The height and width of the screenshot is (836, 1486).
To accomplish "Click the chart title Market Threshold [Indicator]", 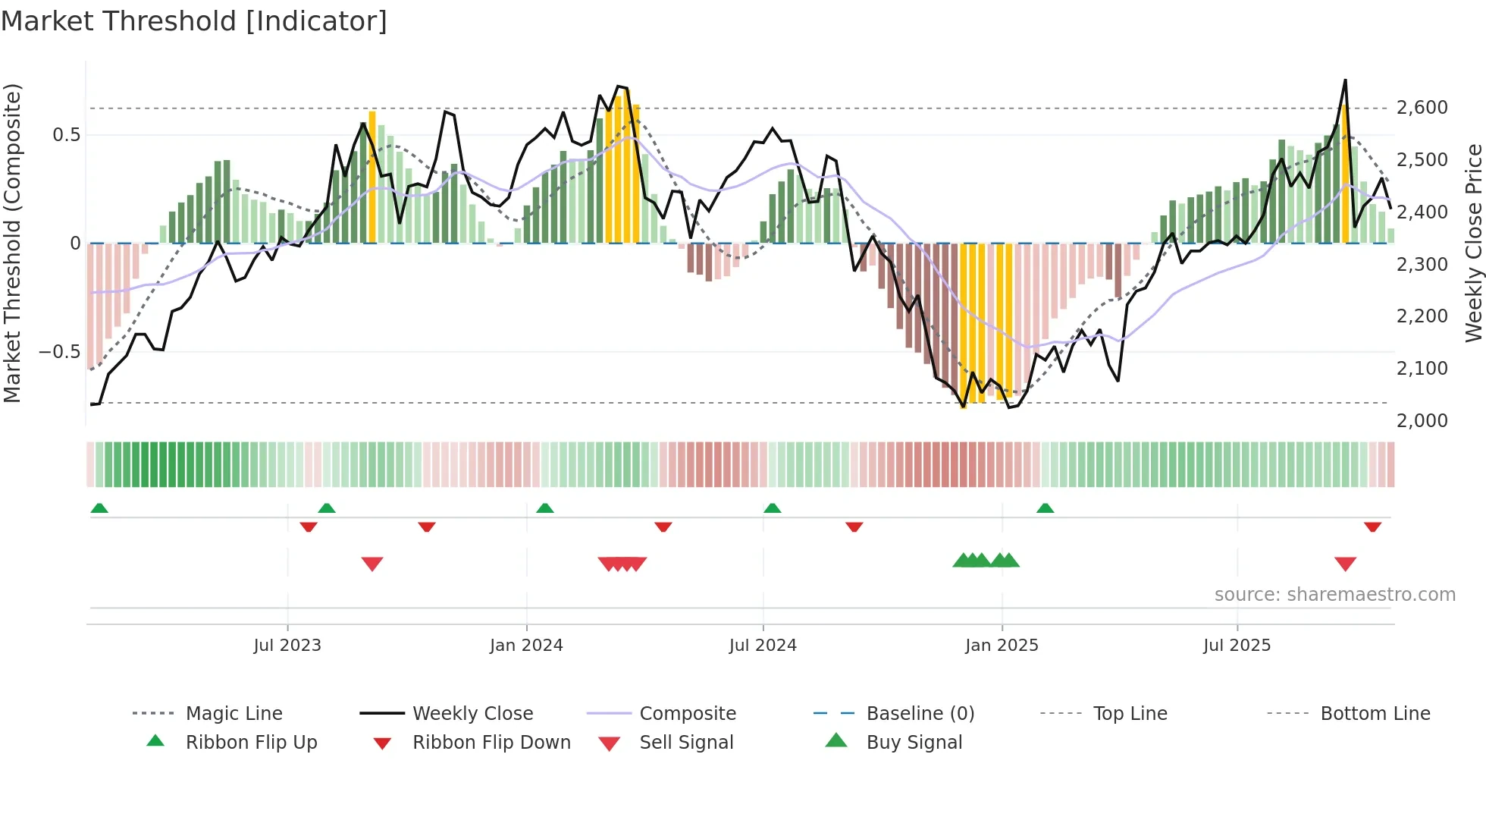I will (x=194, y=21).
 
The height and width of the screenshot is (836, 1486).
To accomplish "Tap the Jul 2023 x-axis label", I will (x=287, y=646).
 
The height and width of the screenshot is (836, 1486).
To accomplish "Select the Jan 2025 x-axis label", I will (x=1002, y=646).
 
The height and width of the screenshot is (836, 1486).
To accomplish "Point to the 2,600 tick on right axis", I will (x=1422, y=108).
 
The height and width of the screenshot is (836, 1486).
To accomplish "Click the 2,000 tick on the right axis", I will (x=1422, y=420).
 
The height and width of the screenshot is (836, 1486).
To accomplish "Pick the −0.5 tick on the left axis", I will (x=59, y=352).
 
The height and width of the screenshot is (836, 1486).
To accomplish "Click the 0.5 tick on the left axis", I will (x=66, y=135).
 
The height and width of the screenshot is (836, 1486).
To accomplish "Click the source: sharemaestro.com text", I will (x=1334, y=595).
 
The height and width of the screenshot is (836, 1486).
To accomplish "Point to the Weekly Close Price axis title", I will (x=1473, y=243).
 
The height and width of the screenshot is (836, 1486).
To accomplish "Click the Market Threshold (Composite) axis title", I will (x=12, y=243).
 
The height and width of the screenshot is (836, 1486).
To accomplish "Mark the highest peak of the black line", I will (x=1345, y=80).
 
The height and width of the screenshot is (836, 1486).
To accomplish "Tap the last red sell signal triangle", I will (x=1345, y=564).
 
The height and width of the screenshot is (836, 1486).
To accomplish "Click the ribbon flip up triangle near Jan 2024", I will (x=544, y=508).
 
